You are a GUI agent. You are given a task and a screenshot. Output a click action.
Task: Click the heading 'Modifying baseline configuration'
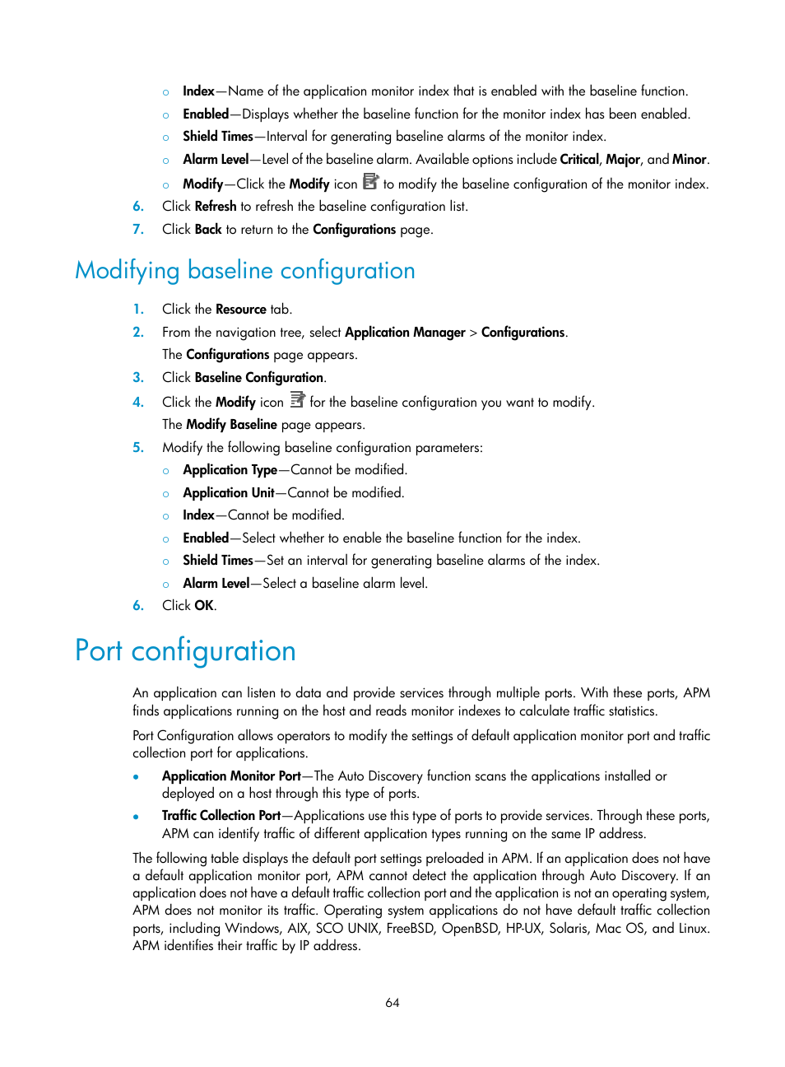(244, 271)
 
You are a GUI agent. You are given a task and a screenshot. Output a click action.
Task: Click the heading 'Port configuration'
(185, 651)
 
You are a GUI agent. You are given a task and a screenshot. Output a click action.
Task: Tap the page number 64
(392, 1003)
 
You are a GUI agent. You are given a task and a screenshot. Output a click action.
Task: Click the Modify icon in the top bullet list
(370, 182)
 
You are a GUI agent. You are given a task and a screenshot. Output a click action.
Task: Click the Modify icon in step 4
(297, 400)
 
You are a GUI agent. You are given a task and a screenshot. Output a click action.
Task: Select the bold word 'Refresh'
(216, 207)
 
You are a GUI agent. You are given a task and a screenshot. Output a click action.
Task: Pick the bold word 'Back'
(208, 230)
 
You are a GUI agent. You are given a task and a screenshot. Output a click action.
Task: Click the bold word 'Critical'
(579, 160)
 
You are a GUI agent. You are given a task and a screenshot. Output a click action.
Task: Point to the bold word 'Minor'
(689, 160)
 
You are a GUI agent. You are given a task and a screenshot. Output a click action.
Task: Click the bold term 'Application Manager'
(405, 333)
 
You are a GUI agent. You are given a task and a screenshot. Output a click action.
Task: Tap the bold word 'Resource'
(241, 310)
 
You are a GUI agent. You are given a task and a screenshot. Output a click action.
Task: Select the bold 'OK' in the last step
(204, 606)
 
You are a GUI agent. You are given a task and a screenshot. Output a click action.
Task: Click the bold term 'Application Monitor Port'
(231, 776)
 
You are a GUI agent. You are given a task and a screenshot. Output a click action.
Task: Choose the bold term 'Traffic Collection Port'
(221, 816)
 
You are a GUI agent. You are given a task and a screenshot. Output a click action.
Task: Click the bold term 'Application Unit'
(229, 493)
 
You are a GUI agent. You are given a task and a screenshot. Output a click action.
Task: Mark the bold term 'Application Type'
(230, 470)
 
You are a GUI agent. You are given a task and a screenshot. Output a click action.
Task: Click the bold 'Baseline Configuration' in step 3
(259, 378)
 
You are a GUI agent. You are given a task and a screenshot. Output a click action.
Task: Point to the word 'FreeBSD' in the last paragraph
(410, 929)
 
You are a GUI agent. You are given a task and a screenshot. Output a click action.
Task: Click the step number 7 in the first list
(138, 230)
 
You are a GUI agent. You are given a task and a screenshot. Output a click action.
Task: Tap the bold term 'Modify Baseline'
(231, 425)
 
